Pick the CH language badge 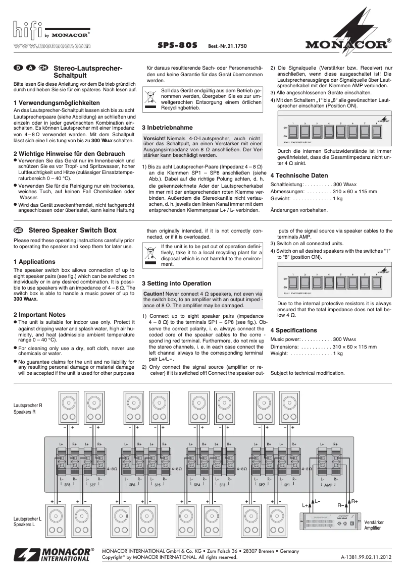tap(43, 68)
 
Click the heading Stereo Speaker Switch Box tap(73, 230)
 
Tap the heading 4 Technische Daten tap(299, 175)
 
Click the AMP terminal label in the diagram tap(328, 484)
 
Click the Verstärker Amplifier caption tap(374, 525)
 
